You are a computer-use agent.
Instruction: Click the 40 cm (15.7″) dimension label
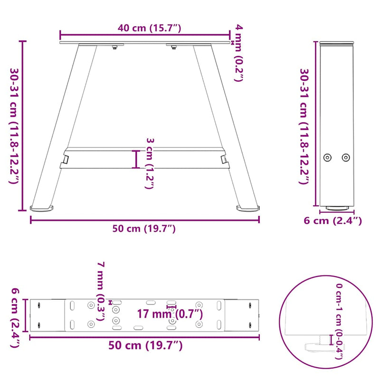pos(149,28)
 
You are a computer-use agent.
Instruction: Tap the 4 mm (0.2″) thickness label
pos(239,53)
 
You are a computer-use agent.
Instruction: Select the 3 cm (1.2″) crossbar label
pos(150,163)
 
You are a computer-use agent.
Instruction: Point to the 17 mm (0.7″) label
pos(170,314)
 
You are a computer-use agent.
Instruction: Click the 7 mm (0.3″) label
pos(101,291)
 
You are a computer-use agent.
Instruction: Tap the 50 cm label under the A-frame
pos(144,228)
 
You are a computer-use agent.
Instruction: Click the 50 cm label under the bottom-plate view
pos(145,345)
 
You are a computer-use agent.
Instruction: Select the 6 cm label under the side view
pos(332,220)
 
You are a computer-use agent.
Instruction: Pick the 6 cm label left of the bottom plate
pos(15,318)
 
